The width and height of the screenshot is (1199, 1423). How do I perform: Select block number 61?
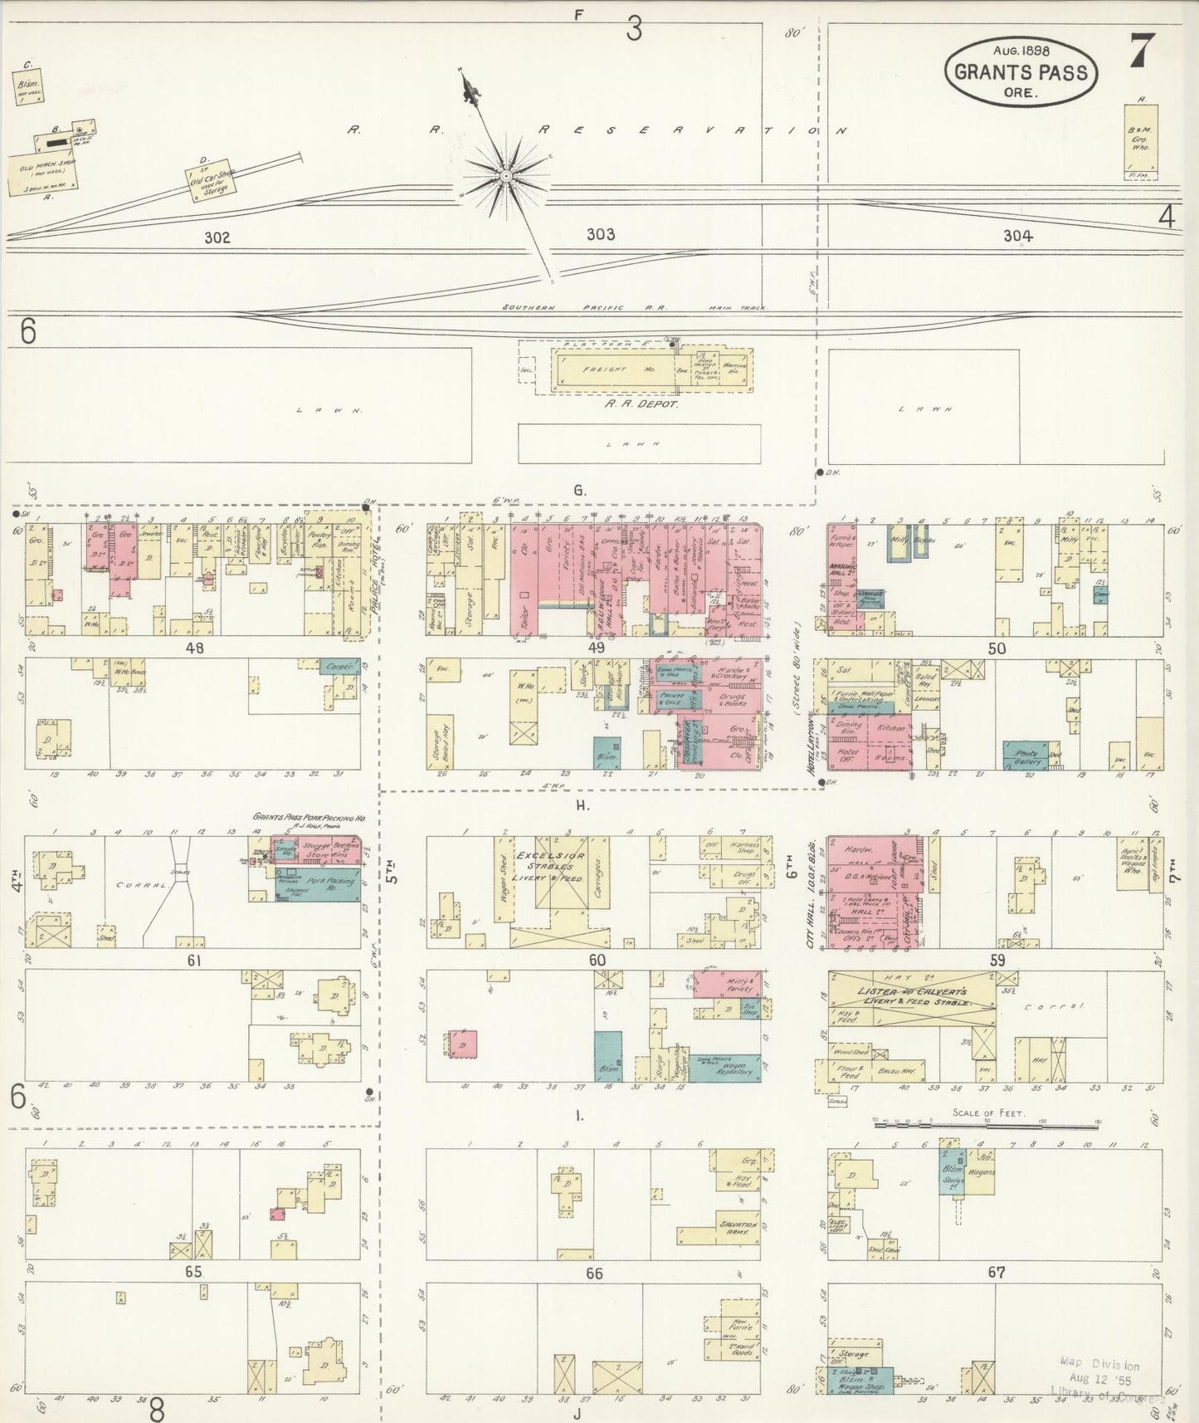pos(194,961)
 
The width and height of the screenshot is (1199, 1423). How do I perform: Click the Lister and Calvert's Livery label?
pos(912,997)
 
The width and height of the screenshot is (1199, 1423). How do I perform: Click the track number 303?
pos(601,235)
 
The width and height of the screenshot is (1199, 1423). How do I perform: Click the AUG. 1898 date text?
pos(1021,48)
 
